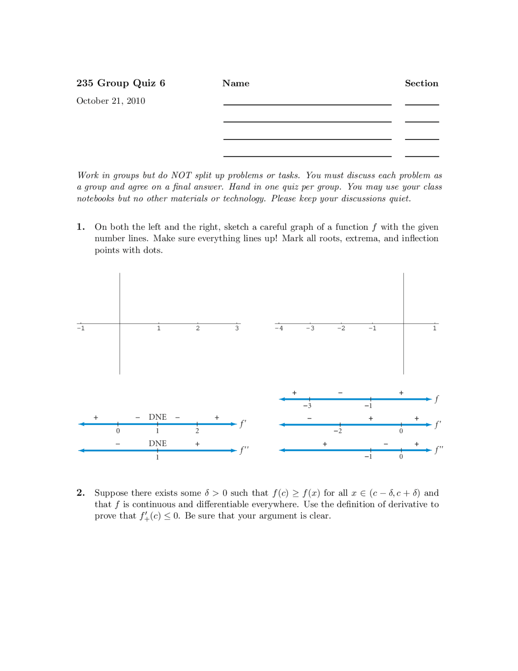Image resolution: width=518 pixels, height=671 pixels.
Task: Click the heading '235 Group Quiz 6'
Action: point(121,83)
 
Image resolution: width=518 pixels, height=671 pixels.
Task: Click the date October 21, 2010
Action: point(110,101)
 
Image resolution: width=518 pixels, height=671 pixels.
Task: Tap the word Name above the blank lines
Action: point(236,83)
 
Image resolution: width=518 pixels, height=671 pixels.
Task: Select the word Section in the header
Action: point(421,83)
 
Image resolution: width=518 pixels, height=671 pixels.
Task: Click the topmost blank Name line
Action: point(307,105)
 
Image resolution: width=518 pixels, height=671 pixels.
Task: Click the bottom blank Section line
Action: point(422,156)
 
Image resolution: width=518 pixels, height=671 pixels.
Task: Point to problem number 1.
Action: point(81,227)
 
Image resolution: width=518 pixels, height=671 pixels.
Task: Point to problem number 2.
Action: point(81,493)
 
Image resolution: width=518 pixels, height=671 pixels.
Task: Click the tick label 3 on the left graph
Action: point(237,329)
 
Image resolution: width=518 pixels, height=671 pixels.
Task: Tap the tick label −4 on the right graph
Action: point(279,329)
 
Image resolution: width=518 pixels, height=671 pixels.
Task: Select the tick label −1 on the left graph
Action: point(81,329)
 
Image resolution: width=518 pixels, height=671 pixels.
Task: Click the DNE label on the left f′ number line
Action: point(157,417)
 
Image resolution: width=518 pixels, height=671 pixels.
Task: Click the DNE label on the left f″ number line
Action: point(157,443)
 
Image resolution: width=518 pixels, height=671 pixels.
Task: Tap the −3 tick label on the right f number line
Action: point(307,406)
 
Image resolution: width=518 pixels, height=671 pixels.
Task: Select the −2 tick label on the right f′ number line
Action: point(338,431)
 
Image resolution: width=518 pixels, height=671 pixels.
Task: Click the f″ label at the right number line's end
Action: point(439,450)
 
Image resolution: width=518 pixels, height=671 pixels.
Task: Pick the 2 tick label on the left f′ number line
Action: point(197,431)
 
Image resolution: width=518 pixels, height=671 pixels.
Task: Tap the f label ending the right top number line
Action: point(437,399)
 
